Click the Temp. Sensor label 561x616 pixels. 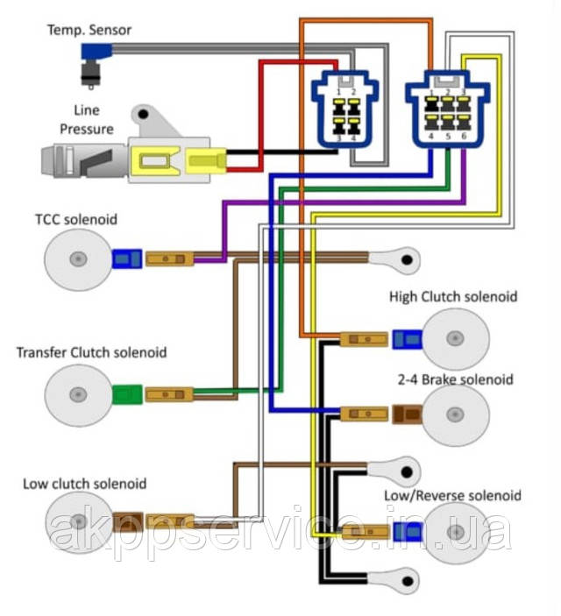pos(89,30)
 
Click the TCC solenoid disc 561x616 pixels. pos(79,258)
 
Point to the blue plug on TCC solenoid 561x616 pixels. pos(127,258)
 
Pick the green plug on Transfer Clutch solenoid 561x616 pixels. pos(127,395)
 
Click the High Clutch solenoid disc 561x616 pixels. pos(454,339)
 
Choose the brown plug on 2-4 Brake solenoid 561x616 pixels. pos(407,414)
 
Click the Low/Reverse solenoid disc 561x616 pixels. pos(454,533)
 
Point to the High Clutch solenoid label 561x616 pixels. pos(453,297)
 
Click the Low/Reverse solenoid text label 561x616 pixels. pos(452,496)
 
